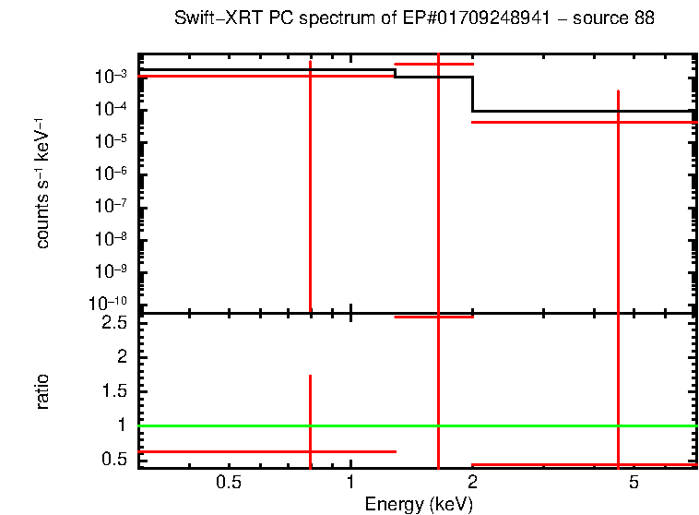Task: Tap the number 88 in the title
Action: (644, 18)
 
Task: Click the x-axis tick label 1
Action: (350, 482)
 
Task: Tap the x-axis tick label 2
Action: (472, 482)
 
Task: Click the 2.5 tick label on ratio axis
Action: (114, 323)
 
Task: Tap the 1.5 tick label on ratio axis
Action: (114, 391)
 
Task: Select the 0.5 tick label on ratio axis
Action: (114, 459)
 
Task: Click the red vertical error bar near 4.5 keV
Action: (618, 231)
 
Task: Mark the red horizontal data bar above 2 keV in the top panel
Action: (581, 122)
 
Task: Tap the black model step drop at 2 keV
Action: (472, 94)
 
